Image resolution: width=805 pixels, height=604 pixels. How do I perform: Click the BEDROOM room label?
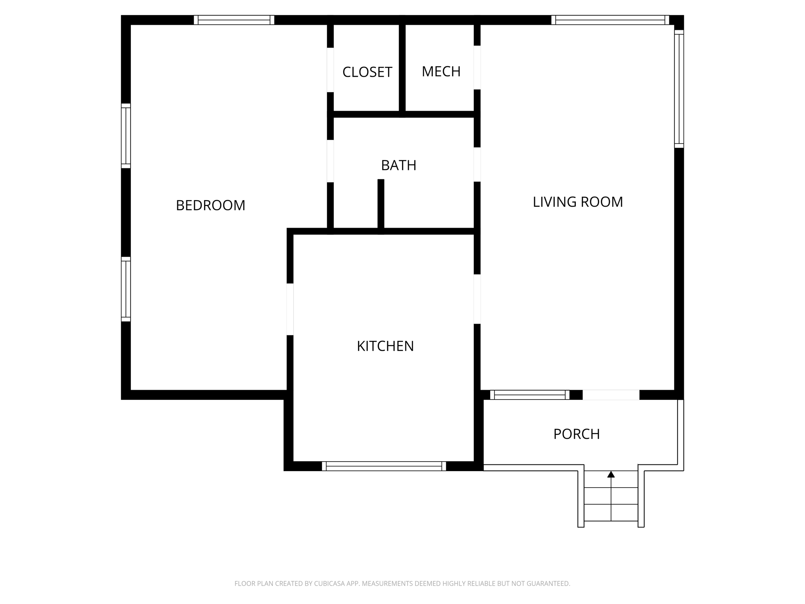(210, 205)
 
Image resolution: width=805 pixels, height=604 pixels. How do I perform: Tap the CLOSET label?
(367, 72)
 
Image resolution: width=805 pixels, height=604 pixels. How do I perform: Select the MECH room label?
(441, 71)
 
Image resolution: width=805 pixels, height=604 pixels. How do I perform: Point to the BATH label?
(399, 165)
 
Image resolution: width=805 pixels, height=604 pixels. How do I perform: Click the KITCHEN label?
(385, 346)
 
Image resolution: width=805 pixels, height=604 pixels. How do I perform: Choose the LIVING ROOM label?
(577, 202)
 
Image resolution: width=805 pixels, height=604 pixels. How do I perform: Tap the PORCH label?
(576, 434)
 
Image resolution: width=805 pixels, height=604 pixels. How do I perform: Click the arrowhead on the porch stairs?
(611, 475)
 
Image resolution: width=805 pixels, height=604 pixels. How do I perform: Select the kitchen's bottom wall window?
(384, 466)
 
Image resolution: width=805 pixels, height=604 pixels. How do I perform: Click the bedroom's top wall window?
(234, 20)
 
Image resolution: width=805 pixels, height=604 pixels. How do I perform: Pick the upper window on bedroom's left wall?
(126, 136)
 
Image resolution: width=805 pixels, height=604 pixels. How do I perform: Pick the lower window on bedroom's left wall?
(126, 289)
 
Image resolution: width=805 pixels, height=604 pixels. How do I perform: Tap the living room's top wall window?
(610, 20)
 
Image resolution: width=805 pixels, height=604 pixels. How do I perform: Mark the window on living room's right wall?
(679, 89)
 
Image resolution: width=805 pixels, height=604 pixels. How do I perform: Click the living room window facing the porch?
(529, 395)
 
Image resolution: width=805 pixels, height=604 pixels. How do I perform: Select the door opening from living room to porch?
(611, 395)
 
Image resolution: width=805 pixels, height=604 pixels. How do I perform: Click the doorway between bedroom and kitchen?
(290, 309)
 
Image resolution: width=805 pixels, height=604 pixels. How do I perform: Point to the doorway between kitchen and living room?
(477, 299)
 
